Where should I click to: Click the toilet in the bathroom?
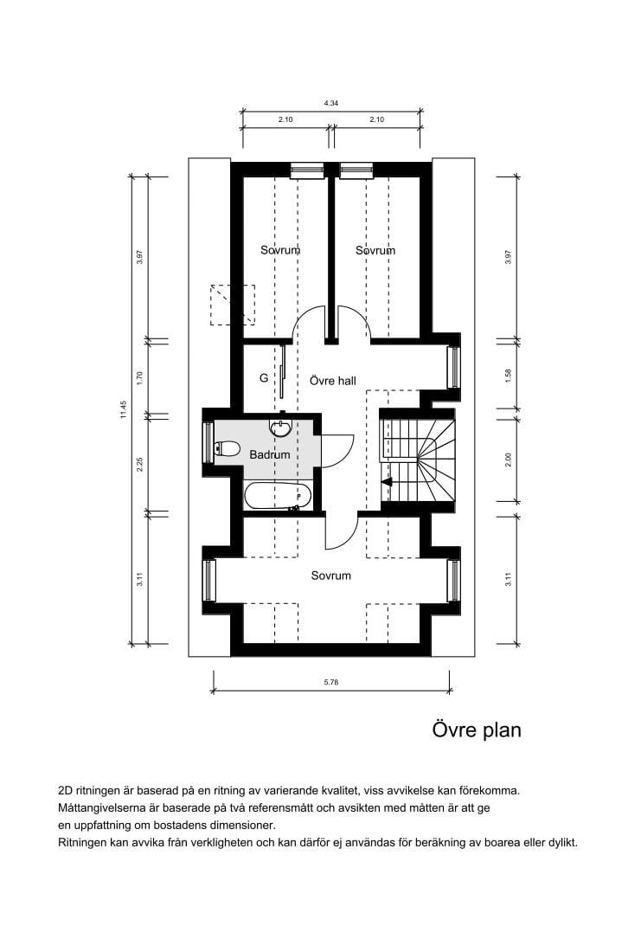click(227, 449)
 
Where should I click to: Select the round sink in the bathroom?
click(280, 427)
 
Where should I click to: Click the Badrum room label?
click(270, 454)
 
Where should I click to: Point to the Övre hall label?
click(333, 381)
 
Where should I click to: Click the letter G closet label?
click(264, 378)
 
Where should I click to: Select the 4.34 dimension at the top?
click(331, 103)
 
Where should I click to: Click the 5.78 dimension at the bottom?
click(331, 682)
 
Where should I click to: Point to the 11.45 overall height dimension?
click(124, 409)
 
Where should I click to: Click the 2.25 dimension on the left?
click(140, 464)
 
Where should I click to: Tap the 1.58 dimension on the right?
click(508, 376)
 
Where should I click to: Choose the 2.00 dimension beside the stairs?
click(508, 460)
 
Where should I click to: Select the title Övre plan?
click(477, 730)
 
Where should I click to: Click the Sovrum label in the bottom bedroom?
click(331, 576)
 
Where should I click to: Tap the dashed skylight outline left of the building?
click(234, 305)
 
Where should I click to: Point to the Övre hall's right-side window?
click(454, 367)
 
